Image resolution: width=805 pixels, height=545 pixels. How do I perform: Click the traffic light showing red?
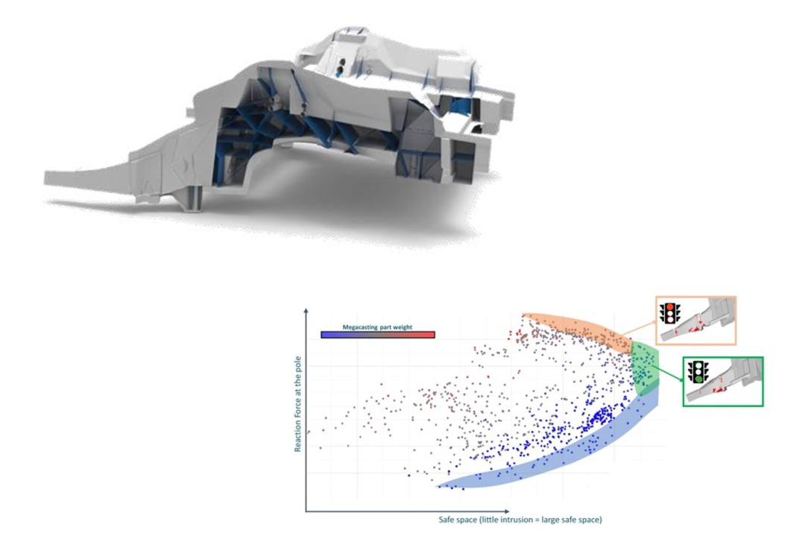(670, 313)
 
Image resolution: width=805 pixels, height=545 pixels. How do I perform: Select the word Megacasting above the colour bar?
(360, 327)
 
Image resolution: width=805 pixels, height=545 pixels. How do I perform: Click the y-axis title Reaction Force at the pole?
(297, 404)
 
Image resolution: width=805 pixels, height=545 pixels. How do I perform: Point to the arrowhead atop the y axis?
(306, 312)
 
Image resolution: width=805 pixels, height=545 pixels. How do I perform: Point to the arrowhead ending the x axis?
(507, 511)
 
